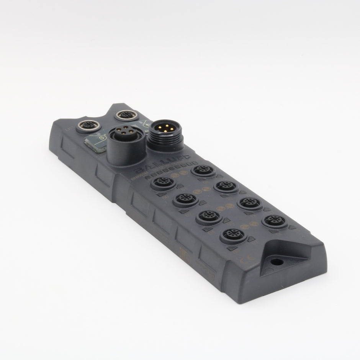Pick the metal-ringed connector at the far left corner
[87, 125]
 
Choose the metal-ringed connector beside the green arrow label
[127, 115]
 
